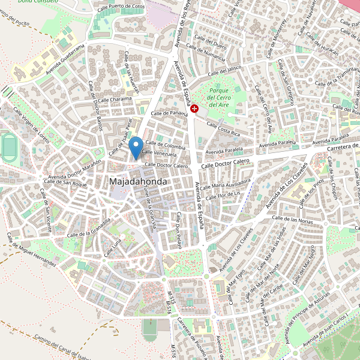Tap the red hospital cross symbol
point(195,108)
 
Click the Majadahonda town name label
point(138,181)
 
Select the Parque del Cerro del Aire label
point(218,97)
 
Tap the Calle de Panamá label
point(170,113)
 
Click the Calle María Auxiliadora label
point(226,182)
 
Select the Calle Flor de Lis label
point(223,195)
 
